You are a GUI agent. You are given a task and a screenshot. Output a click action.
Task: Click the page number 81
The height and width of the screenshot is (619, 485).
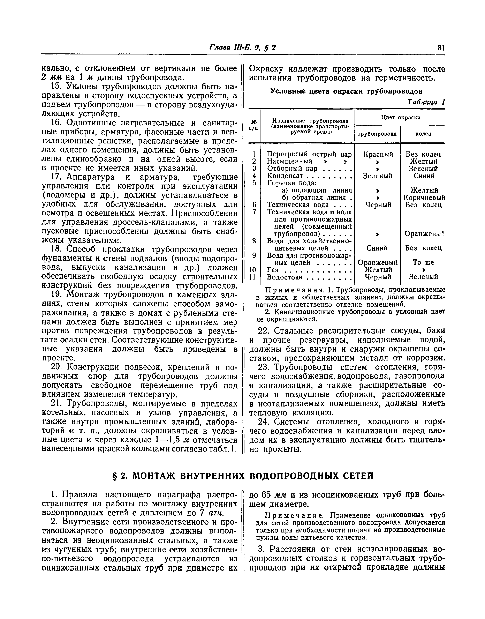click(x=441, y=47)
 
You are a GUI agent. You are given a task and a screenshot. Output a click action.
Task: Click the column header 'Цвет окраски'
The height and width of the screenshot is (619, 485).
click(x=400, y=117)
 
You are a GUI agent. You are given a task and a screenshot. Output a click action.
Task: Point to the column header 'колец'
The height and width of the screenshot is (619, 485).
click(x=423, y=134)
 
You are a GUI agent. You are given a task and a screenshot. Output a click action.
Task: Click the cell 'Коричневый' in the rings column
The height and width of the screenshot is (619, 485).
click(x=424, y=197)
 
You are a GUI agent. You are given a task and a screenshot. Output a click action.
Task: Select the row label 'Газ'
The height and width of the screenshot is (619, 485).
click(x=273, y=270)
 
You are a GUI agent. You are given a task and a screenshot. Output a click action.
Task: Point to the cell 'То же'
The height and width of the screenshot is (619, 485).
click(x=423, y=262)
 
